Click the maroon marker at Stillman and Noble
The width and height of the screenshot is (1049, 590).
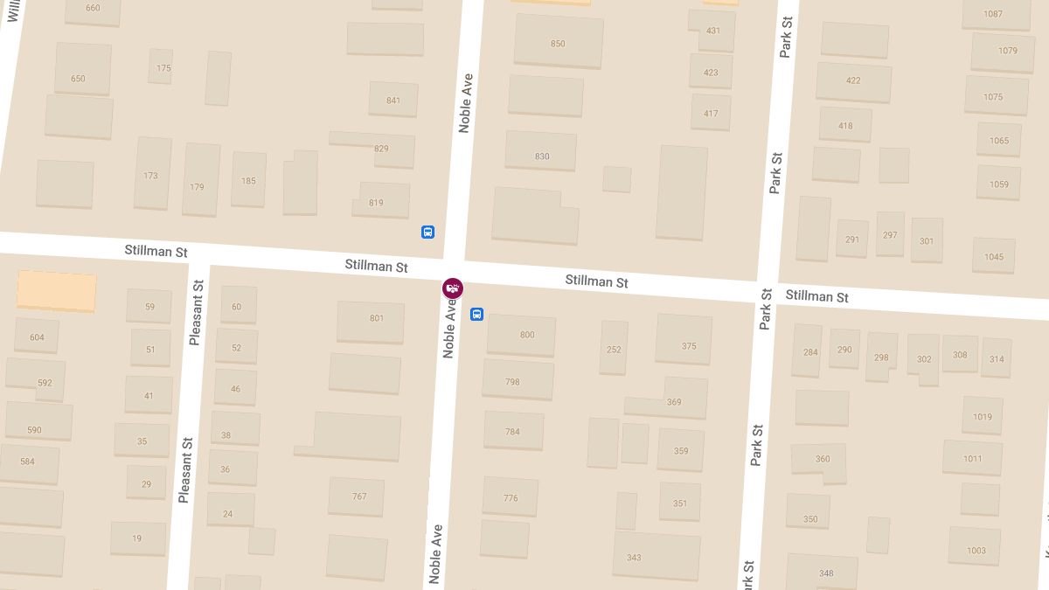(x=452, y=288)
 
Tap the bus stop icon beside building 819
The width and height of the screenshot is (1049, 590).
(x=427, y=232)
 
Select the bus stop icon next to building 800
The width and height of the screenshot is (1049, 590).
(x=476, y=314)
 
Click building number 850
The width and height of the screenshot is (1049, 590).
(x=558, y=42)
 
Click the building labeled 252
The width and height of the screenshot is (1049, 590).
(x=614, y=348)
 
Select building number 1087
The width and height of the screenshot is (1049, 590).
(x=995, y=13)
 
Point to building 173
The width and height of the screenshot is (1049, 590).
(x=152, y=173)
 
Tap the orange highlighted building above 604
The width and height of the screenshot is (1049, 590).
(x=56, y=290)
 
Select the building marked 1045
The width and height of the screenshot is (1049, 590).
(x=994, y=256)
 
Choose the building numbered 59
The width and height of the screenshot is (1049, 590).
(x=149, y=306)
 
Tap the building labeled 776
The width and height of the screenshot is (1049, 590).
(x=511, y=496)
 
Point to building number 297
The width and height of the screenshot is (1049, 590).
(x=890, y=233)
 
